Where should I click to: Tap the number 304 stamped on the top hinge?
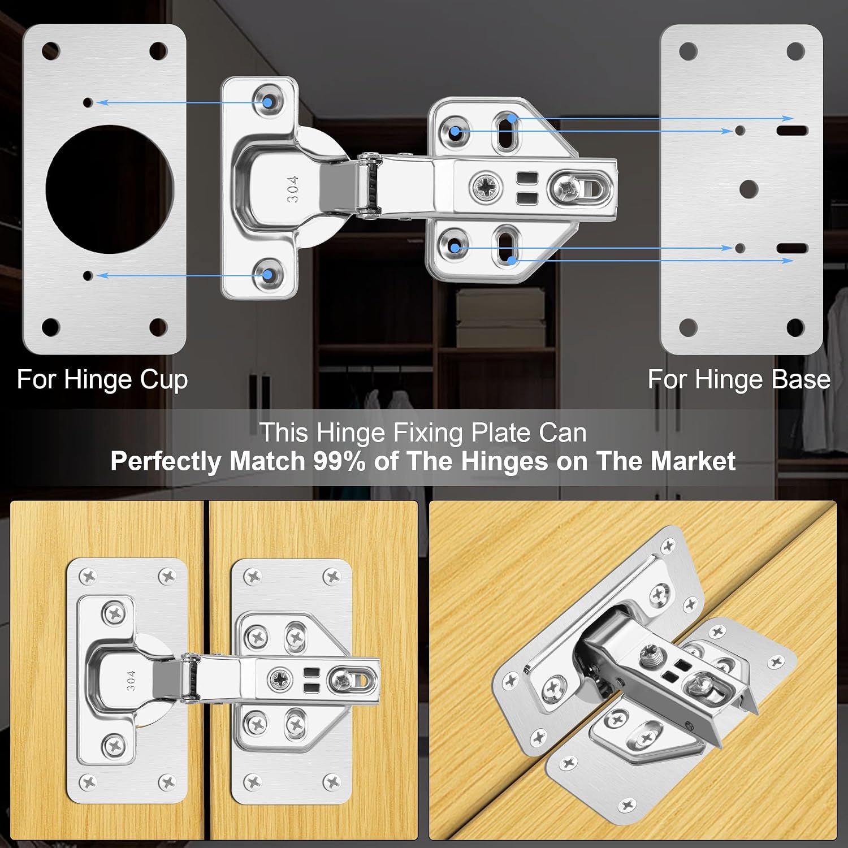(x=293, y=189)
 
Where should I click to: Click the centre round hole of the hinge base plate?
(x=749, y=189)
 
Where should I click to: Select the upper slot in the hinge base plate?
(x=793, y=131)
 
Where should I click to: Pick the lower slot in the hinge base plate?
(x=793, y=248)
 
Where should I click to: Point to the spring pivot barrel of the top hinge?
(x=371, y=184)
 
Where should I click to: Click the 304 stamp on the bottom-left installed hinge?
(x=131, y=680)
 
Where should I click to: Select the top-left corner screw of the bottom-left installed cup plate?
(x=89, y=577)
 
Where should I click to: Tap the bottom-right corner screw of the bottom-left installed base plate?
(x=331, y=782)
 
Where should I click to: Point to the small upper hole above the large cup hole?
(x=88, y=102)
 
